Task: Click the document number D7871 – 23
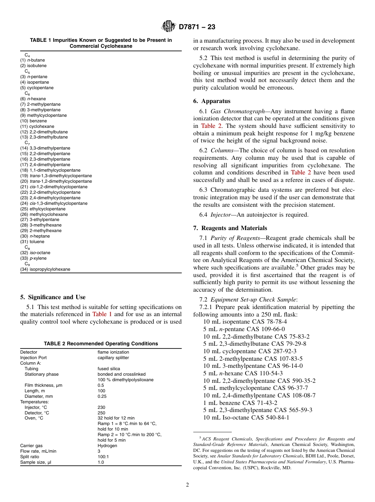(197, 27)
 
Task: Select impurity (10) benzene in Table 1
(34, 121)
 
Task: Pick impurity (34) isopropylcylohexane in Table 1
(45, 269)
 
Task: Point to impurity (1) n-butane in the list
(33, 60)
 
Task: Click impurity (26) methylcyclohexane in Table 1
(44, 214)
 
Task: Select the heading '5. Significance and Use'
(52, 297)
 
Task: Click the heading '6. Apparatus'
(212, 101)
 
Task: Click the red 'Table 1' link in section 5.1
(102, 314)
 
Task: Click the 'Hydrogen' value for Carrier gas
(107, 446)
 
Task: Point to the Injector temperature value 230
(101, 407)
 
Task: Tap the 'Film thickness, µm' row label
(43, 385)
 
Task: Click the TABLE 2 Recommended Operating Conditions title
(101, 343)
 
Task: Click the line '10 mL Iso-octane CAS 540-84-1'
(246, 417)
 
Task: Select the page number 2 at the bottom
(187, 485)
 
